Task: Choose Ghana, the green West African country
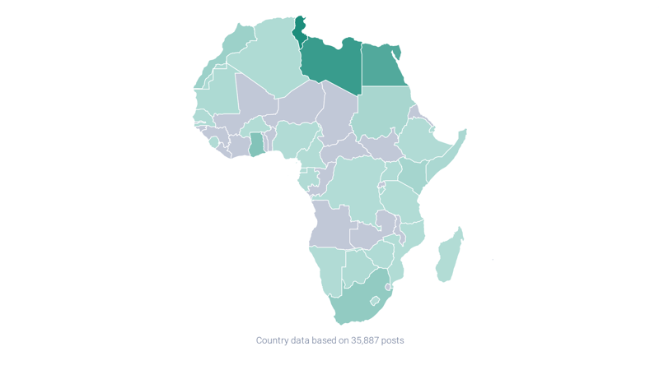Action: coord(257,144)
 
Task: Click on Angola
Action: coord(330,222)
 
